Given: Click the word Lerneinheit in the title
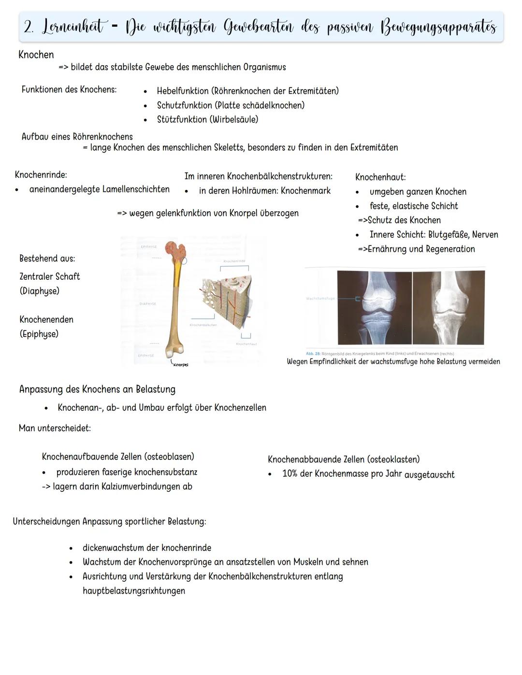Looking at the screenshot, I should tap(72, 27).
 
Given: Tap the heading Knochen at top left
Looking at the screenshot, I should tap(36, 55).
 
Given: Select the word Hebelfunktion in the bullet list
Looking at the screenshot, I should tap(183, 91).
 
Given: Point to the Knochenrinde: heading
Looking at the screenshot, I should tap(41, 175).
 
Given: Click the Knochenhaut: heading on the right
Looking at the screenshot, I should tap(380, 177).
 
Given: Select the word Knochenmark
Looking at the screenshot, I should tap(305, 191).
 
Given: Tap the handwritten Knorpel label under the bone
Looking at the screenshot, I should tap(180, 364).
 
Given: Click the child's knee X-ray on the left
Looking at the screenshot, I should tap(375, 308).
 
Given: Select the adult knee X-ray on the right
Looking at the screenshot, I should tap(448, 308).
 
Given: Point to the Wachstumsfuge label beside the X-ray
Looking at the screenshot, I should tap(320, 299).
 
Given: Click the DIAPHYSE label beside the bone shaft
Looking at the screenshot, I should tap(147, 304).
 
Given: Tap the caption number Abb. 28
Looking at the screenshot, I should tap(313, 354).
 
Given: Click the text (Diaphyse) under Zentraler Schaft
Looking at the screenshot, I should tap(40, 291).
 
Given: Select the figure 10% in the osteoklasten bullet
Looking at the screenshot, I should tap(290, 474).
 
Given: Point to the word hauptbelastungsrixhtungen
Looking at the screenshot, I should tap(134, 591).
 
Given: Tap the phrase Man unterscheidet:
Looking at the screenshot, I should tap(55, 428).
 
